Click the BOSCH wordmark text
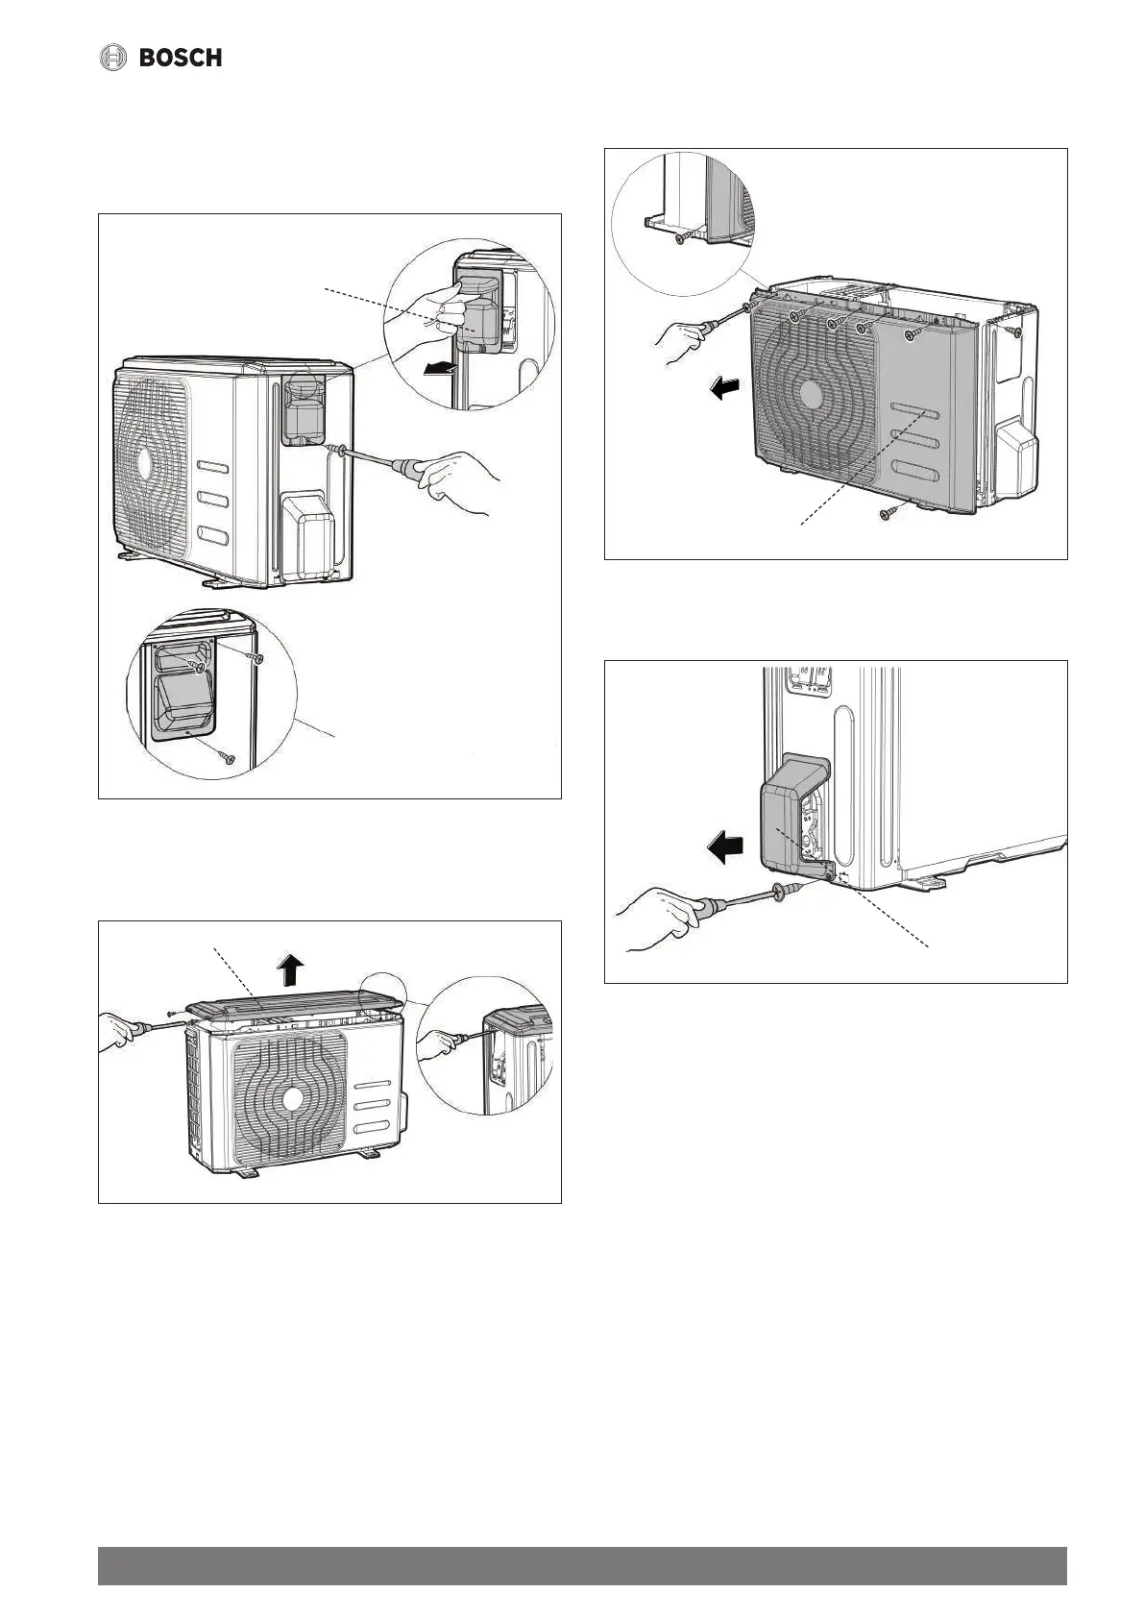point(181,58)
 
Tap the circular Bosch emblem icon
point(113,58)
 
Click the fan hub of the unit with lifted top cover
point(288,1096)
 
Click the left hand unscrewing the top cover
point(120,1033)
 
